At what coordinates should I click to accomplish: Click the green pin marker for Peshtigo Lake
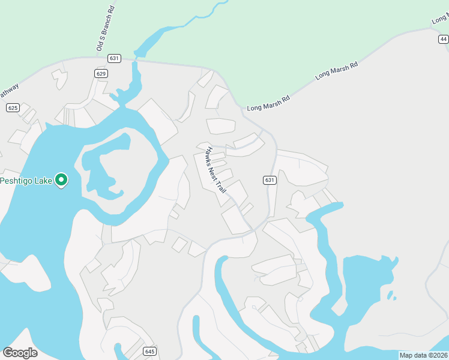(61, 179)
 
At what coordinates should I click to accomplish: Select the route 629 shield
(101, 73)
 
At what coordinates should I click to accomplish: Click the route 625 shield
(13, 108)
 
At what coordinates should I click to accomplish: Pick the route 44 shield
(443, 39)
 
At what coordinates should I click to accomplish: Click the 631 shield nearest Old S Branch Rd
(115, 58)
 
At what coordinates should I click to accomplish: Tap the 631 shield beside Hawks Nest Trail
(270, 180)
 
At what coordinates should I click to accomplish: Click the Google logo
(20, 353)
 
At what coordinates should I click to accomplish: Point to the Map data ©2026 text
(423, 355)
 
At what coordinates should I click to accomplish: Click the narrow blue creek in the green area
(198, 18)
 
